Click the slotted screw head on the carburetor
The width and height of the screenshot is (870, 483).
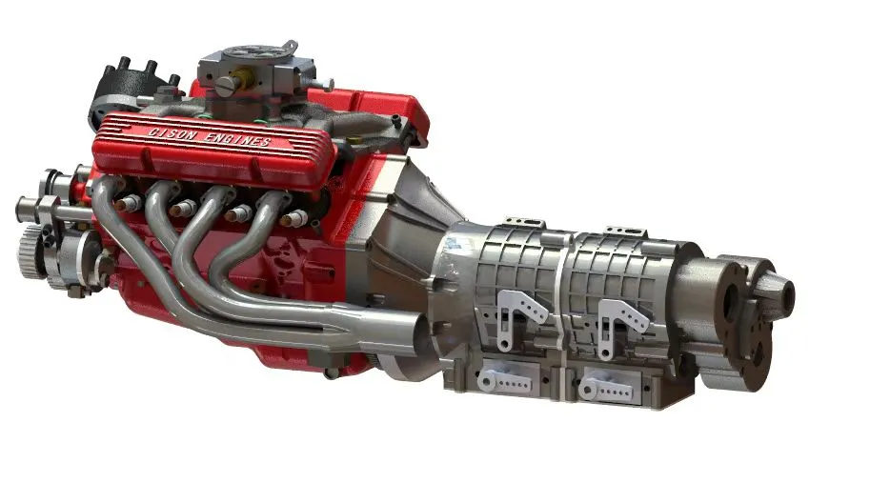point(226,85)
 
